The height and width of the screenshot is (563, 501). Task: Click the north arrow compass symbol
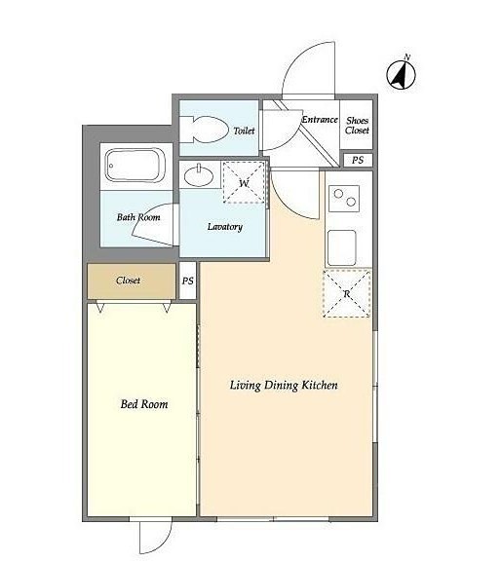[x=401, y=74]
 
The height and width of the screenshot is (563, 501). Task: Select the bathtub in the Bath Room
[x=135, y=166]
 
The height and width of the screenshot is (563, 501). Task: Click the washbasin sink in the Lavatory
[x=199, y=175]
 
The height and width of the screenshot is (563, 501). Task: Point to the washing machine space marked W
[x=244, y=182]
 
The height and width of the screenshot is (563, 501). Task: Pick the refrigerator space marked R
[x=347, y=294]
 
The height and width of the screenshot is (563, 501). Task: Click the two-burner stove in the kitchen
[x=344, y=198]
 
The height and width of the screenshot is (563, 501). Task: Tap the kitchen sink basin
[x=342, y=247]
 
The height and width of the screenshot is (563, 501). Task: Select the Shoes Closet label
[x=357, y=125]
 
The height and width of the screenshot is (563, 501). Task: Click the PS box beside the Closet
[x=187, y=281]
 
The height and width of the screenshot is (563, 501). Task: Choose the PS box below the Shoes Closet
[x=358, y=160]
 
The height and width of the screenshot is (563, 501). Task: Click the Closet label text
[x=128, y=281]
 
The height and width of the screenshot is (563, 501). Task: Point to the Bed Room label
[x=144, y=404]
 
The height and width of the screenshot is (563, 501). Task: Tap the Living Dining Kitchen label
[x=284, y=386]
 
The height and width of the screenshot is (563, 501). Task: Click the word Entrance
[x=320, y=119]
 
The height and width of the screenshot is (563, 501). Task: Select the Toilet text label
[x=244, y=131]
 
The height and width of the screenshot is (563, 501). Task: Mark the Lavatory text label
[x=225, y=227]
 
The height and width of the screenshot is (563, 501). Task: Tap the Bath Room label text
[x=138, y=217]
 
